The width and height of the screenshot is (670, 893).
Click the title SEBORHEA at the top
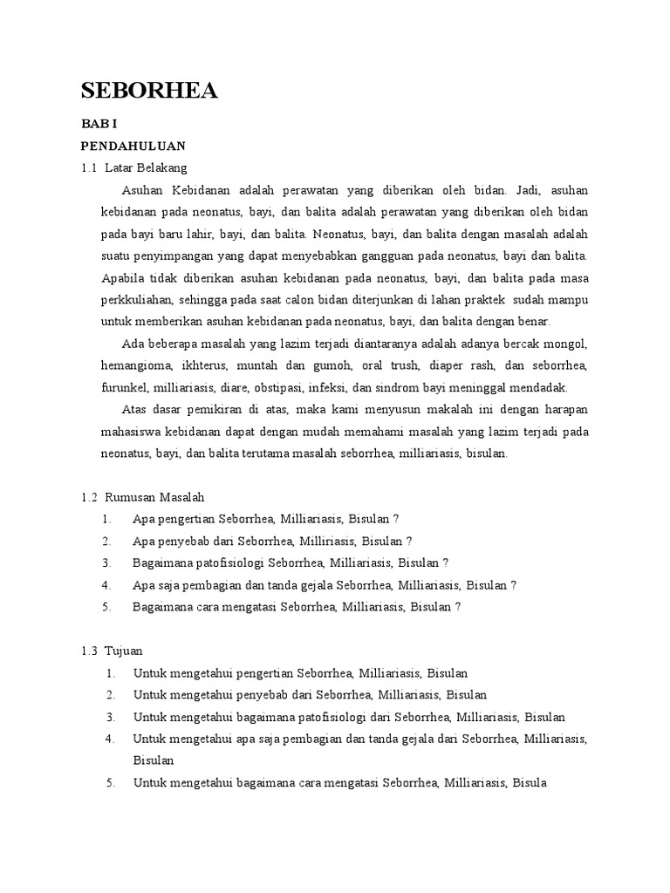149,92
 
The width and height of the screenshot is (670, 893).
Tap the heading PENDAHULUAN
133,146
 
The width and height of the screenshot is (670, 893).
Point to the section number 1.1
89,167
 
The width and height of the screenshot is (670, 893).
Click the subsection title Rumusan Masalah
154,497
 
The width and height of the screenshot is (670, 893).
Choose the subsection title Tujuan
123,651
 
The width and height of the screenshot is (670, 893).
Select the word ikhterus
213,365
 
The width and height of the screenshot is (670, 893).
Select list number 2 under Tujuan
111,695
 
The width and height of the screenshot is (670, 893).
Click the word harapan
567,409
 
